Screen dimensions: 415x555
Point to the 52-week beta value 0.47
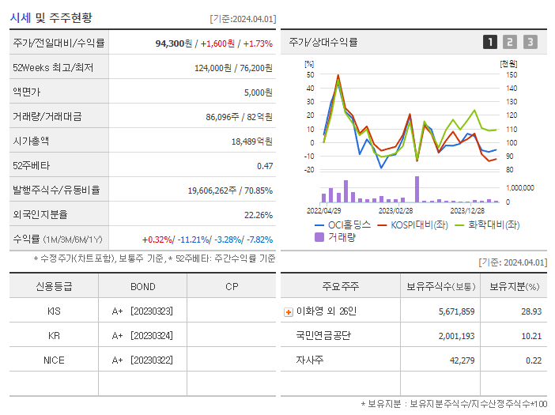pos(264,165)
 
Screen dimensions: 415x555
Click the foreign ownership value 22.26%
pos(258,214)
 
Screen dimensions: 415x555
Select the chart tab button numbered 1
pos(490,43)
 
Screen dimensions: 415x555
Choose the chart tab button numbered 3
pos(530,43)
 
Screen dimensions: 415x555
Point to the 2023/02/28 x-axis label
pos(395,211)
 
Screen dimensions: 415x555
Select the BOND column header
pos(142,286)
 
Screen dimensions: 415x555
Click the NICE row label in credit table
pos(54,360)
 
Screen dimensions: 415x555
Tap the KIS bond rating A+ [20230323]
pos(142,311)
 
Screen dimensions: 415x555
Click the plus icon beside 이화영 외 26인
pos(288,311)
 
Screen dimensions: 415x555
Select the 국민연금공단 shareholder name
pos(323,336)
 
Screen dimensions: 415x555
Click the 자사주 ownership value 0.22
pos(533,360)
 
